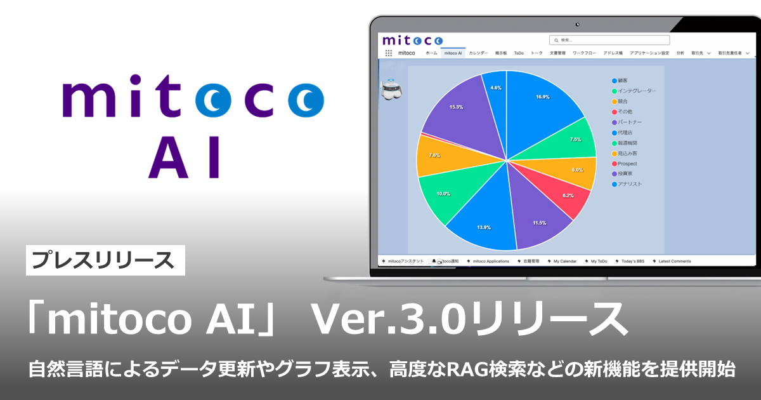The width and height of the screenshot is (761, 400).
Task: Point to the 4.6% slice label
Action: point(496,88)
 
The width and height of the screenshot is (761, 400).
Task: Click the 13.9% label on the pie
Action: point(484,227)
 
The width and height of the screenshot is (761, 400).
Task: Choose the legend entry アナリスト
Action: point(630,184)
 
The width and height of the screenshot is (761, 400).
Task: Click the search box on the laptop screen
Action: point(609,40)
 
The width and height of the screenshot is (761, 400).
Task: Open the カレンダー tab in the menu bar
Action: point(478,53)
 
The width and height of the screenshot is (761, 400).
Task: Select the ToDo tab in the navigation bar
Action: point(519,53)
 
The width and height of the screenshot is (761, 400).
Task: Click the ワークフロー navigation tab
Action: point(585,53)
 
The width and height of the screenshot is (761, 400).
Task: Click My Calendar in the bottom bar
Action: point(562,261)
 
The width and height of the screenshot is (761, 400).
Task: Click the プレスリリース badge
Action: point(105,260)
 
